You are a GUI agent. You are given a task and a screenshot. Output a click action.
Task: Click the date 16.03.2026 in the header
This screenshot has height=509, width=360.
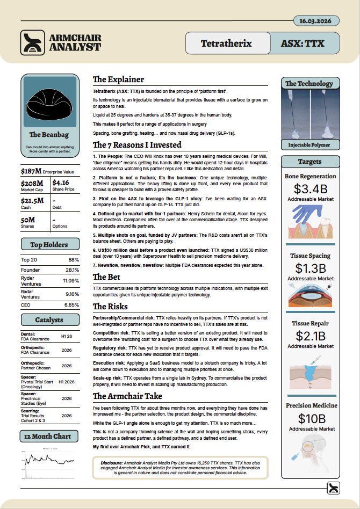(x=316, y=21)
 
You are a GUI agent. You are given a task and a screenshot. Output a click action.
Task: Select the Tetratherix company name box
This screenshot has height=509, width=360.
(x=225, y=43)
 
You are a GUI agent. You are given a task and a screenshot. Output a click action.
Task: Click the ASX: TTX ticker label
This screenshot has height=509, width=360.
(x=303, y=43)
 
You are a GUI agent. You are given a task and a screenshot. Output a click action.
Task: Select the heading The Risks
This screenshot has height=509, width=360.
(x=110, y=307)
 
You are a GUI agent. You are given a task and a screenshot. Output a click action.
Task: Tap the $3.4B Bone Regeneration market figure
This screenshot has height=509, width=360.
(x=310, y=189)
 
